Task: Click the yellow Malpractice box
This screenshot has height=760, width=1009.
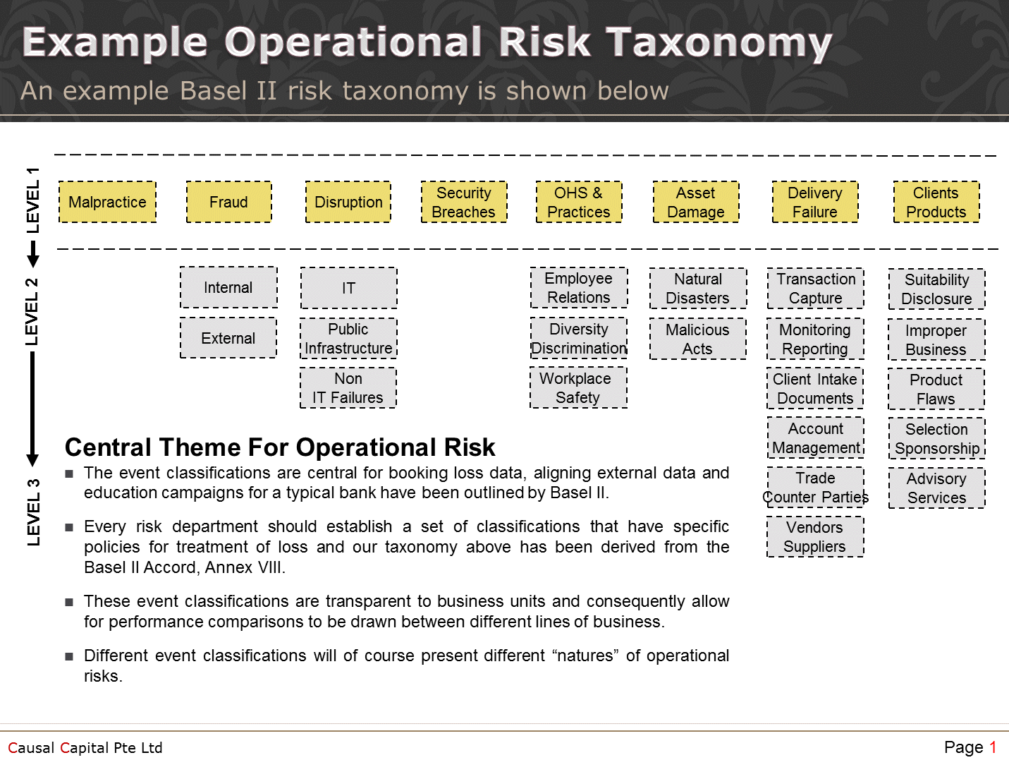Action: (x=107, y=203)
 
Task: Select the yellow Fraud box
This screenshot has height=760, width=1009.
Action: (x=228, y=203)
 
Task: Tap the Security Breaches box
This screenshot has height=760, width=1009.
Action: (x=463, y=203)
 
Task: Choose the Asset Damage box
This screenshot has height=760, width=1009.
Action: (x=695, y=203)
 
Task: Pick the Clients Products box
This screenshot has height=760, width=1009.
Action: (x=936, y=203)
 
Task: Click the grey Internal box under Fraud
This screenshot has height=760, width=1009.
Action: (x=228, y=288)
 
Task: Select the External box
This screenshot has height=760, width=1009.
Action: (x=228, y=338)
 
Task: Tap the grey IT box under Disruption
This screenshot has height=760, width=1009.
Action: (x=348, y=288)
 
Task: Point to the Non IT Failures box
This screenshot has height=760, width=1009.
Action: (x=348, y=388)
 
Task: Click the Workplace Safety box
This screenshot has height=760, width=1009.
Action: (x=578, y=388)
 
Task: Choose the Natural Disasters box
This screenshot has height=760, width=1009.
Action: (x=697, y=289)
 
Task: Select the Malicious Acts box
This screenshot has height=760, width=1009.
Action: (x=697, y=339)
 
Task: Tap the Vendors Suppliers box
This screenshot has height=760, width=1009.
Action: (x=815, y=537)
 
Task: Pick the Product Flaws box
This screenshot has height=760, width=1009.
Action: (x=936, y=390)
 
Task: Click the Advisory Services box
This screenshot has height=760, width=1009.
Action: (x=936, y=488)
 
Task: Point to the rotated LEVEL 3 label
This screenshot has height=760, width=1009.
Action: (x=33, y=512)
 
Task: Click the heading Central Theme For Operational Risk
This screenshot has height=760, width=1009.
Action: (x=280, y=447)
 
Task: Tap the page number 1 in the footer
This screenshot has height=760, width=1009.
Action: (x=992, y=747)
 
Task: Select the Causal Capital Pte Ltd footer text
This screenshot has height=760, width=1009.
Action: (x=85, y=748)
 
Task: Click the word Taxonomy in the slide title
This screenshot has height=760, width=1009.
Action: (x=719, y=42)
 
